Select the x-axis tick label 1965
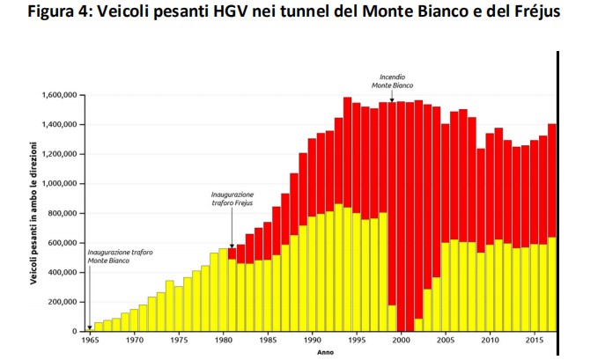(89, 339)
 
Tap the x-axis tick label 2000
(401, 339)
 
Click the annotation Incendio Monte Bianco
(391, 81)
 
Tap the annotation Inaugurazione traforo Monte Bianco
(120, 256)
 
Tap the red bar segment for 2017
(552, 180)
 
